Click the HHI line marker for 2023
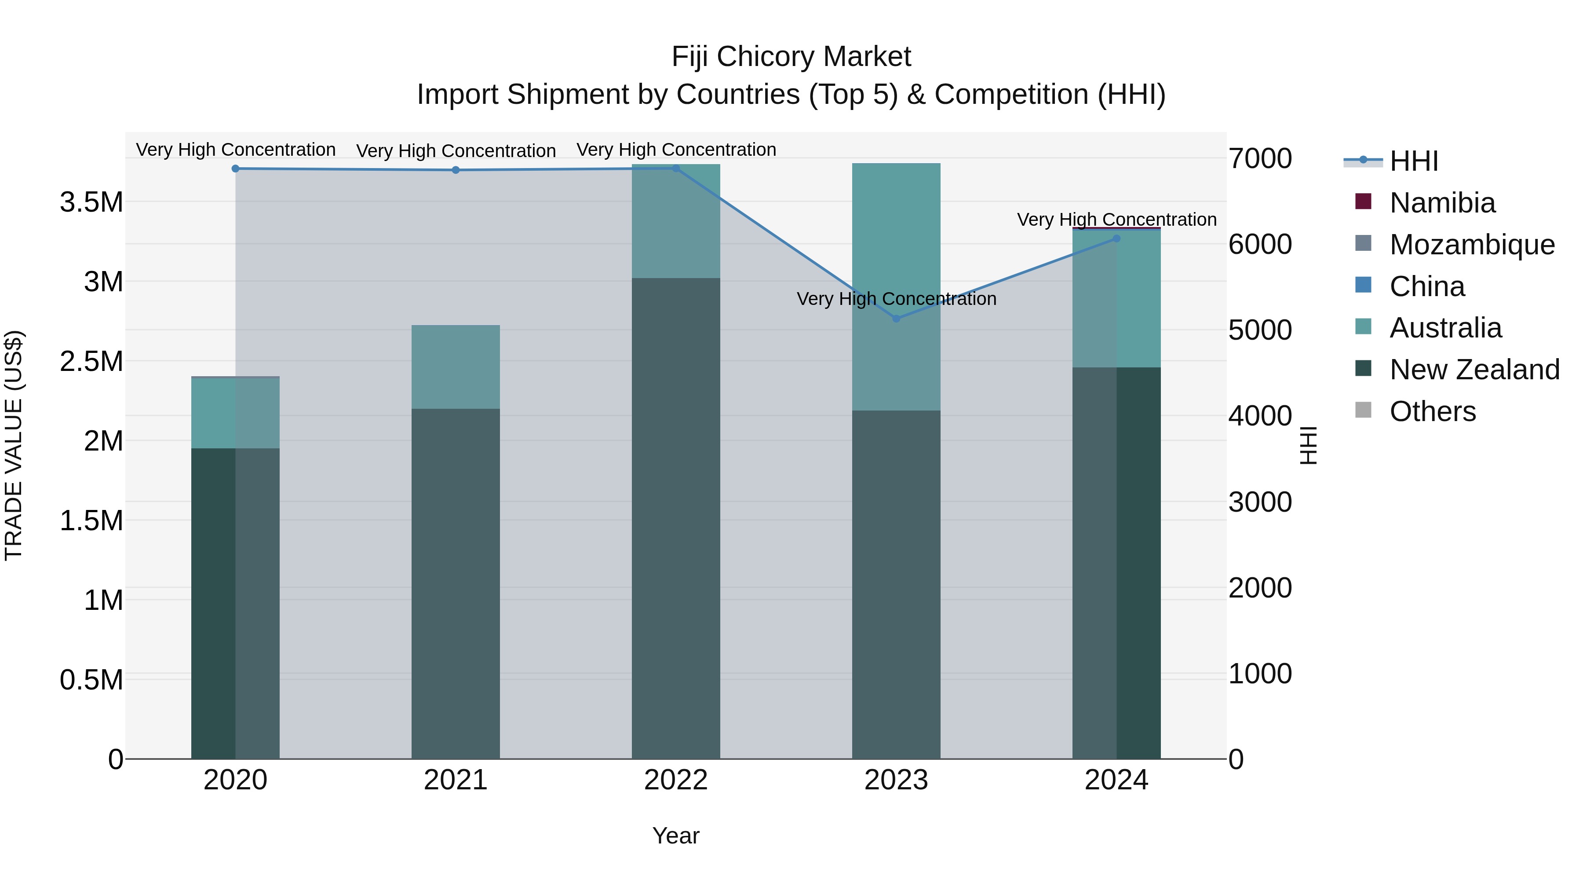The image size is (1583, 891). (x=896, y=319)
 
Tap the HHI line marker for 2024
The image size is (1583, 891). (x=1116, y=238)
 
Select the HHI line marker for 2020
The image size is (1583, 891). (x=235, y=169)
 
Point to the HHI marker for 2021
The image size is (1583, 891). (x=456, y=170)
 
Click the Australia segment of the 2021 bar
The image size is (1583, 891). (x=456, y=367)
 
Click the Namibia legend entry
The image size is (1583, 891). (x=1442, y=203)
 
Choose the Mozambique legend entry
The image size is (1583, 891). (x=1472, y=245)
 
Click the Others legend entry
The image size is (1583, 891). (x=1432, y=411)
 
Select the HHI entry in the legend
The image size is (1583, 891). (x=1413, y=161)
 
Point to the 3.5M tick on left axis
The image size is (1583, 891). (x=91, y=202)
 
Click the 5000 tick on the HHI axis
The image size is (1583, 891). (x=1260, y=330)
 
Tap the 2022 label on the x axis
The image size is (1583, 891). (x=676, y=780)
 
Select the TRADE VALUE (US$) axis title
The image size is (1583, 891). (x=14, y=445)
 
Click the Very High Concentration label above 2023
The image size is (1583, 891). (x=896, y=299)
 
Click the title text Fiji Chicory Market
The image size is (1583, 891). (x=791, y=57)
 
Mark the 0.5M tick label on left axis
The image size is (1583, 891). (x=91, y=680)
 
